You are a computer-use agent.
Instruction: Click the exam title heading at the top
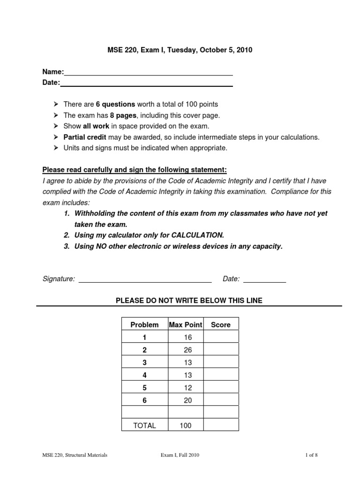tap(180, 50)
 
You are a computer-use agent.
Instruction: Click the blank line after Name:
tap(148, 74)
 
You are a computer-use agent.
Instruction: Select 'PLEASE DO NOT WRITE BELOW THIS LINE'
tap(189, 300)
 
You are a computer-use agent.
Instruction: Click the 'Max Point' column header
tap(186, 324)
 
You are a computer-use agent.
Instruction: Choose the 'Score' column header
tap(221, 324)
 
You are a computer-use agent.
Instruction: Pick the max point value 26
tap(186, 350)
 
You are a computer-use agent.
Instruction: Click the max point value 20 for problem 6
tap(186, 400)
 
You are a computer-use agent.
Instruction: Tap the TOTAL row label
tap(144, 426)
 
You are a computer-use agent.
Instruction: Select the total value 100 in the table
tap(186, 426)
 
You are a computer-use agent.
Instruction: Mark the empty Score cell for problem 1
tap(221, 337)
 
